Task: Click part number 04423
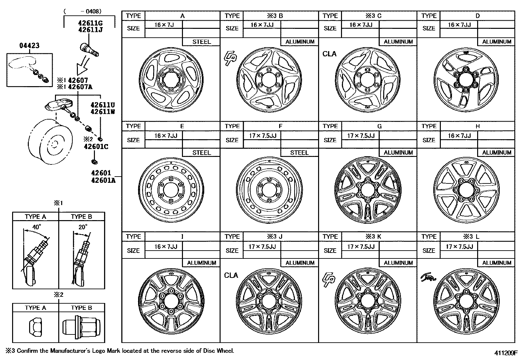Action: click(29, 46)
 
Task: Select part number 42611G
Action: click(90, 23)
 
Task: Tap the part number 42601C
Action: click(96, 146)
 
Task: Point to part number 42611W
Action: click(103, 111)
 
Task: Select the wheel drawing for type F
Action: click(269, 191)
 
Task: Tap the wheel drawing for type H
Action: click(466, 190)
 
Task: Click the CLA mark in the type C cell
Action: click(329, 54)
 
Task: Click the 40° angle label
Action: click(37, 227)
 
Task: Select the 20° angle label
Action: click(83, 227)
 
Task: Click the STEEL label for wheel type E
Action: click(202, 153)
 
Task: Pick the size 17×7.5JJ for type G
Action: click(361, 136)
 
